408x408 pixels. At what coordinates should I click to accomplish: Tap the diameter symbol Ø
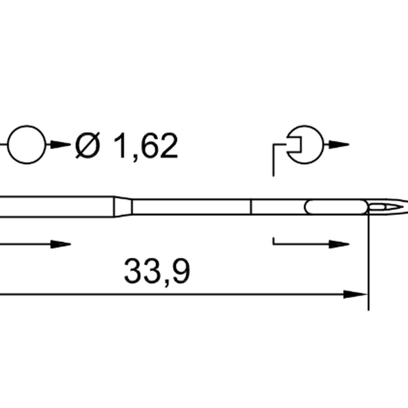point(87,145)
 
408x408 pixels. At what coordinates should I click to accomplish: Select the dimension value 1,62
point(146,146)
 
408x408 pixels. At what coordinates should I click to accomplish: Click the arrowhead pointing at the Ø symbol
point(60,144)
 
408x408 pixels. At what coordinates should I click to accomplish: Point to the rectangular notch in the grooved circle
point(301,144)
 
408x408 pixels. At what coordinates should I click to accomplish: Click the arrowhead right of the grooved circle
point(339,144)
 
